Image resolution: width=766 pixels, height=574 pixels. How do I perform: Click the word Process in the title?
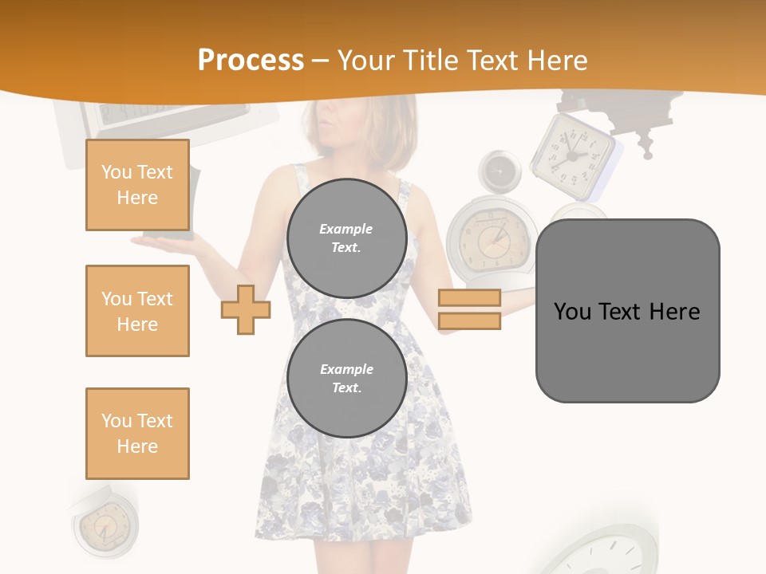pos(251,60)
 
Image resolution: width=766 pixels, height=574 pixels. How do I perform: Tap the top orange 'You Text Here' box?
pos(137,185)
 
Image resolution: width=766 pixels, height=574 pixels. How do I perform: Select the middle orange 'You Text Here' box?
pos(137,311)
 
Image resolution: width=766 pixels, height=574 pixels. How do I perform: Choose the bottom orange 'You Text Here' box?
pos(137,434)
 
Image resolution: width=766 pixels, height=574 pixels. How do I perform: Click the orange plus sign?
pos(246,309)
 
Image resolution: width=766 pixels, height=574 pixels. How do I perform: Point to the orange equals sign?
pos(469,309)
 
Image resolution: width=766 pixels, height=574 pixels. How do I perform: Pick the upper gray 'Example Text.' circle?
pos(346,238)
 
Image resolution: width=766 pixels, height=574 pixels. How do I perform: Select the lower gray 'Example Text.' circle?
pos(346,378)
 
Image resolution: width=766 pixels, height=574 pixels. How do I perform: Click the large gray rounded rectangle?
pos(627,311)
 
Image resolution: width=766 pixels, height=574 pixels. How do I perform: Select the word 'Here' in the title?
pos(556,60)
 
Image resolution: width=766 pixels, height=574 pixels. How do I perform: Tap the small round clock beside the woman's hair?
pos(499,170)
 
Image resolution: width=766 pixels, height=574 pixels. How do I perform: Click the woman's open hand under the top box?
pos(164,239)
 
